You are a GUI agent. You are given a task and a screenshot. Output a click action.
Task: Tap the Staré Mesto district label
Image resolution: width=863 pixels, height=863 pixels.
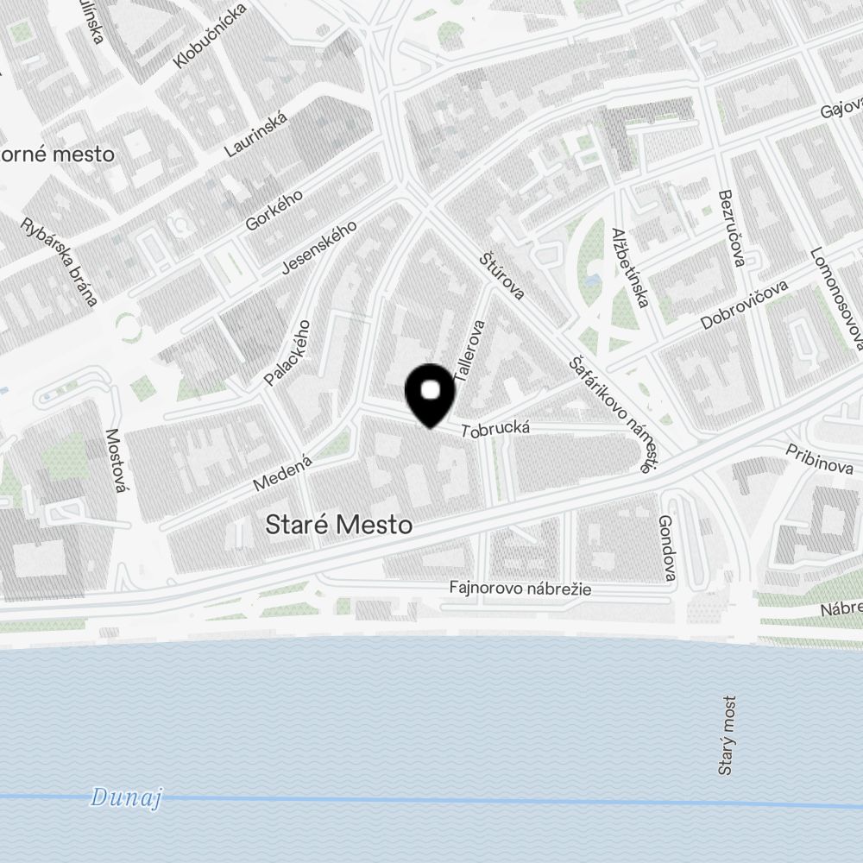click(x=338, y=525)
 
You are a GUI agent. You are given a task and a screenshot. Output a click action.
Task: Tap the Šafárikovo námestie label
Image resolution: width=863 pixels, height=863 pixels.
click(x=609, y=414)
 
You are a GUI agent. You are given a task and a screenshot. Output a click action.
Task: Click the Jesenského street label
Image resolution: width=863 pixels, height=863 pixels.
click(x=319, y=249)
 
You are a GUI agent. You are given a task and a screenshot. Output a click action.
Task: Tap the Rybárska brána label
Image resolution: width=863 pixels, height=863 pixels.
click(x=60, y=260)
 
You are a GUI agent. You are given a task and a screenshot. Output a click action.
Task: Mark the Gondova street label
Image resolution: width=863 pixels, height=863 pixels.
click(x=665, y=547)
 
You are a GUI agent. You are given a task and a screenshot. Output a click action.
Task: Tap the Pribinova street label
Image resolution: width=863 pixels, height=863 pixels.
click(x=819, y=459)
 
